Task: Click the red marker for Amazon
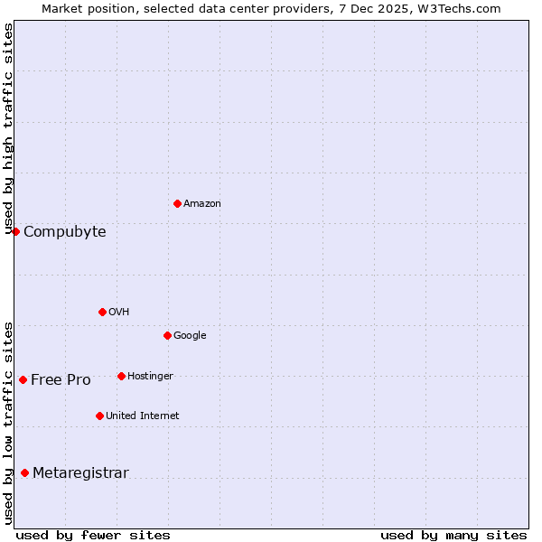(177, 203)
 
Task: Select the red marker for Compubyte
(15, 231)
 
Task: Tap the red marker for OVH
(102, 312)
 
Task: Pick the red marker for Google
(167, 335)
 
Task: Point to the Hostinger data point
(121, 376)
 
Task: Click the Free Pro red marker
(23, 379)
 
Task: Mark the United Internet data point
(99, 416)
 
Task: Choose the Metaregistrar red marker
(24, 472)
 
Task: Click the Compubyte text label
(64, 232)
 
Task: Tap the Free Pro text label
(61, 380)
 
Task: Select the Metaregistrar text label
(80, 473)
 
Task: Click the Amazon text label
(201, 204)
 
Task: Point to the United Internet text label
(142, 416)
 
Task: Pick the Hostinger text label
(150, 377)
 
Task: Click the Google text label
(190, 336)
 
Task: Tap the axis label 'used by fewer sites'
(93, 535)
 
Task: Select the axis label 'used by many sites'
(453, 535)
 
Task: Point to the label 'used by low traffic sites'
(8, 422)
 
